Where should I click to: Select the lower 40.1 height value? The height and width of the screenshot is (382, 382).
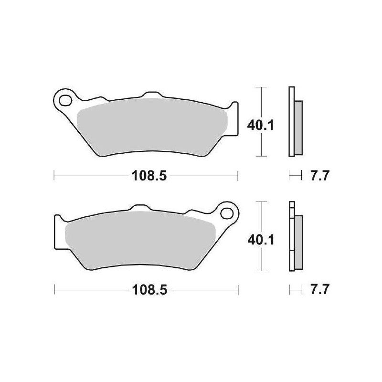click(x=261, y=241)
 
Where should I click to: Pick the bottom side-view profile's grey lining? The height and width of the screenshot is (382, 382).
click(x=298, y=241)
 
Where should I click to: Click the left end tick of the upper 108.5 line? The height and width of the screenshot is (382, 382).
click(x=54, y=176)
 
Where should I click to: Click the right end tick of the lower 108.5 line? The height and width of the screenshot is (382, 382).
click(x=237, y=290)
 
